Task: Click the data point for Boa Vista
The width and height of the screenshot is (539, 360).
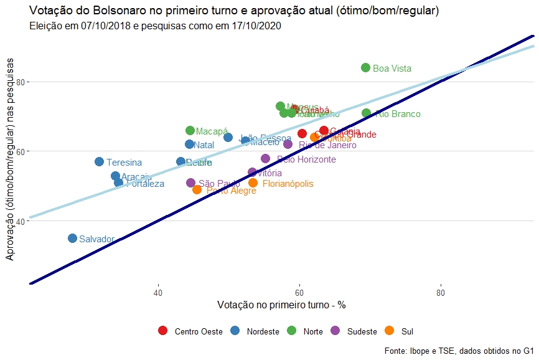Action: [x=365, y=68]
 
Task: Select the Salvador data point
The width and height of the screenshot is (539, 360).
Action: [x=72, y=239]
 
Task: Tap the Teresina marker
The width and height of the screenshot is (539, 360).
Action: [x=99, y=162]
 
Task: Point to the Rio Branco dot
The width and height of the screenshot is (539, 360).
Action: [x=366, y=113]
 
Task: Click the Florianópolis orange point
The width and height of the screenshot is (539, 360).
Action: [x=253, y=183]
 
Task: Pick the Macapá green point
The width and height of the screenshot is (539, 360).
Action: [x=190, y=131]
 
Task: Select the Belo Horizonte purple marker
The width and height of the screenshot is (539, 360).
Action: [x=265, y=159]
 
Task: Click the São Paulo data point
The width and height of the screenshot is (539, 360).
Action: [x=190, y=183]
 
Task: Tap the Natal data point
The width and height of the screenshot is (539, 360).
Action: [x=189, y=144]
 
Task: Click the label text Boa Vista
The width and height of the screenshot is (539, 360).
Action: [x=392, y=69]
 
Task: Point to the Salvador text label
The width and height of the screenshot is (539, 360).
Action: [x=97, y=239]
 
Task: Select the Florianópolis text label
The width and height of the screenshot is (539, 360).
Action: [x=288, y=184]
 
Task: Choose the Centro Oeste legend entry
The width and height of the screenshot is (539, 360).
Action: [x=192, y=331]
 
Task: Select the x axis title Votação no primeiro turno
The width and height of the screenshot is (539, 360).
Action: [x=281, y=305]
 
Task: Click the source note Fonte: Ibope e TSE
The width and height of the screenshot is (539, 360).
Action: [x=459, y=351]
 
